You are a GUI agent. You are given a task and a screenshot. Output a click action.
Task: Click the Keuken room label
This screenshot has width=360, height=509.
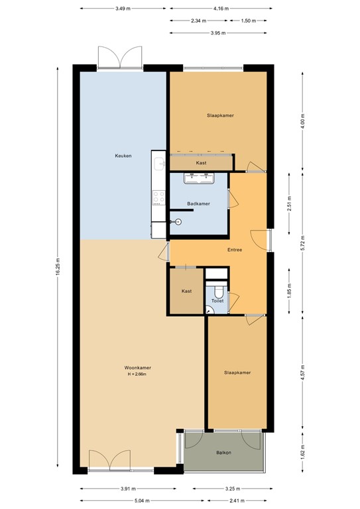pyautogui.click(x=123, y=156)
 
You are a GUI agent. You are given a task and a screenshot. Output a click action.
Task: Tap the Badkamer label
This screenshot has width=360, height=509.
pyautogui.click(x=198, y=203)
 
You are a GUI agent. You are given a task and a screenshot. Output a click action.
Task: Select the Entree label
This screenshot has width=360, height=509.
pyautogui.click(x=235, y=250)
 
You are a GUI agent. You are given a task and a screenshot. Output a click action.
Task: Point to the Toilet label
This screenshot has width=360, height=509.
pyautogui.click(x=217, y=301)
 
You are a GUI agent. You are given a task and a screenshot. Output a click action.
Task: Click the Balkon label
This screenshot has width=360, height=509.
pyautogui.click(x=223, y=453)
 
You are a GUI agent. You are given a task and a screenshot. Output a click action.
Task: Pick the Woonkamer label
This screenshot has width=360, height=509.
pyautogui.click(x=137, y=368)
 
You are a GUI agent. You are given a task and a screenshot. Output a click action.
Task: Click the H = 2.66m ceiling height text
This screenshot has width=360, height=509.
pyautogui.click(x=137, y=375)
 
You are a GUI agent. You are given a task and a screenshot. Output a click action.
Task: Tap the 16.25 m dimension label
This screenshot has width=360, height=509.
pyautogui.click(x=58, y=268)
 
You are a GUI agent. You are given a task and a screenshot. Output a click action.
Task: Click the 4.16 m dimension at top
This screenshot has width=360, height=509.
pyautogui.click(x=221, y=9)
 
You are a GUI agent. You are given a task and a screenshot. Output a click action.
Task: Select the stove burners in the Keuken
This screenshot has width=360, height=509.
pyautogui.click(x=158, y=196)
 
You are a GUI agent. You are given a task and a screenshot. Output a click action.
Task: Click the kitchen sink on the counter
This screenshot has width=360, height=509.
pyautogui.click(x=158, y=163)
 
